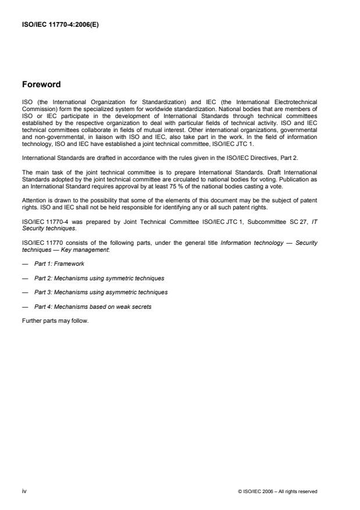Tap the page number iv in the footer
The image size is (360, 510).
click(x=24, y=491)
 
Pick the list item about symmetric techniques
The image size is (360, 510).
click(x=99, y=278)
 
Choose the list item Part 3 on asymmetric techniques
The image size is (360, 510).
click(x=101, y=293)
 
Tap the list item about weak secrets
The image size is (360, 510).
click(x=92, y=306)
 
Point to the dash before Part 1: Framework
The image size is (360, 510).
click(x=24, y=264)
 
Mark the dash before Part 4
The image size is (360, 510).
click(x=24, y=306)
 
